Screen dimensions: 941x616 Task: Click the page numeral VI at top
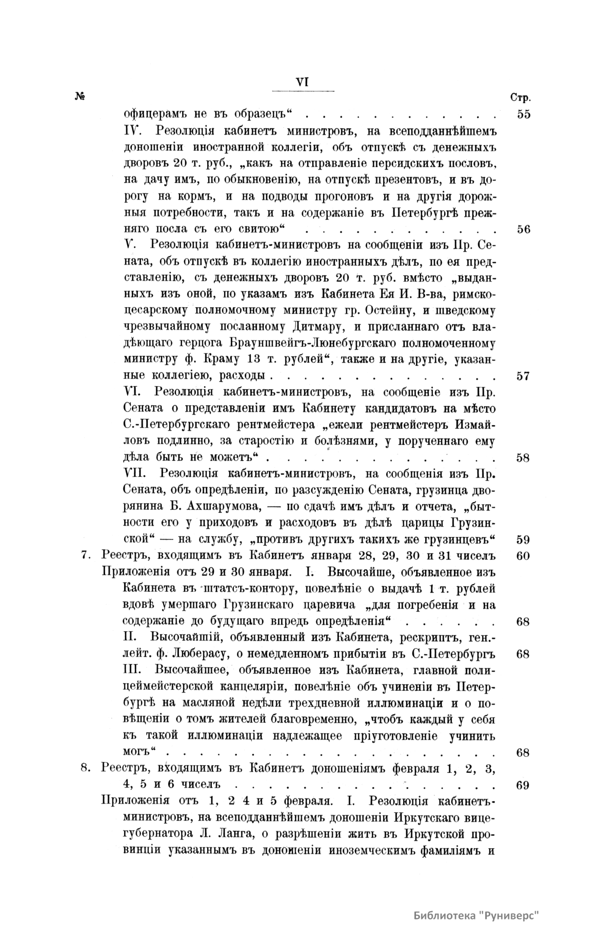(x=302, y=83)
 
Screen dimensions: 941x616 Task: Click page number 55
(x=523, y=114)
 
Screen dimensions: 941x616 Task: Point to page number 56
(x=523, y=229)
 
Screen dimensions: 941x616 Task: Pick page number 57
(x=523, y=376)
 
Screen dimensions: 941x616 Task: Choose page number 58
(x=523, y=458)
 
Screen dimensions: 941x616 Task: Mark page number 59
(x=523, y=539)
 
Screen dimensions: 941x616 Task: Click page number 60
(x=523, y=556)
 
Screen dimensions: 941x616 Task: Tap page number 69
(x=523, y=786)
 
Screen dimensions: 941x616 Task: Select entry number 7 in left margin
(x=86, y=556)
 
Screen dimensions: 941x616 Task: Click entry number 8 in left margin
(x=86, y=769)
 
